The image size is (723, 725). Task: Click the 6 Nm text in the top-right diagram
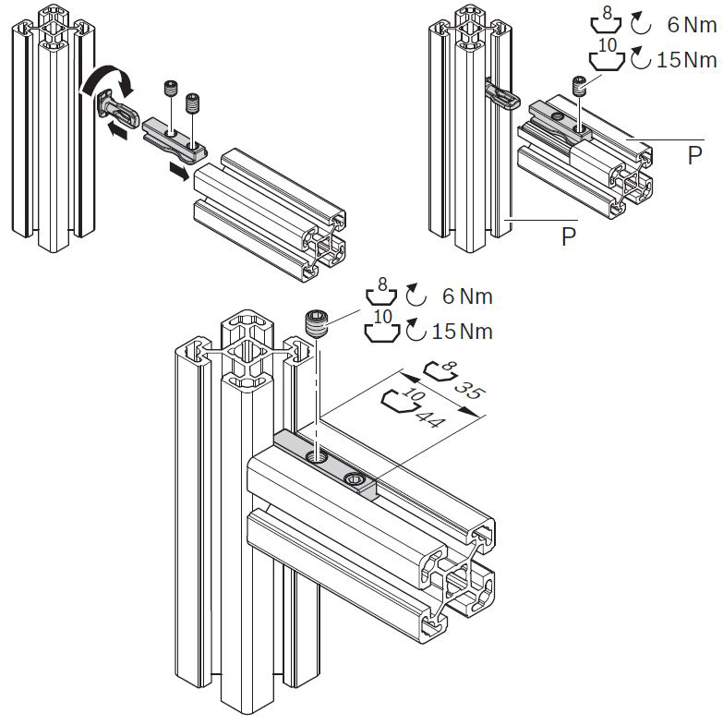click(692, 25)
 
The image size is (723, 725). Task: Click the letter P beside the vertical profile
click(570, 236)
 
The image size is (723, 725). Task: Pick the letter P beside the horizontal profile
click(694, 157)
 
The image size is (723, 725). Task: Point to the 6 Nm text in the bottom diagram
click(466, 296)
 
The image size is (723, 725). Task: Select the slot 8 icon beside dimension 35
click(439, 371)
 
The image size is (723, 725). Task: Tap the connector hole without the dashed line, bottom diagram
click(352, 479)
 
